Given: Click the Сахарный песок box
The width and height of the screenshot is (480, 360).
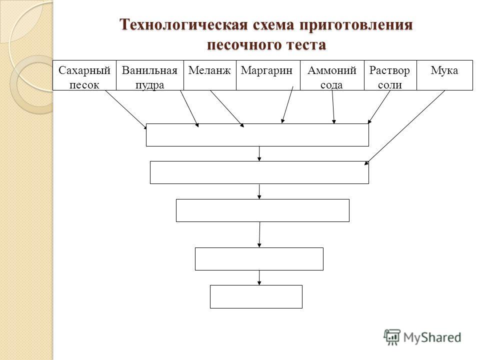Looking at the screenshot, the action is (84, 75).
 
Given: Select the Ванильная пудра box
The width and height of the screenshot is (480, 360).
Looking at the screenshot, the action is (150, 75).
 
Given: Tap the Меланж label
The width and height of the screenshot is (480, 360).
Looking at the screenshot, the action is (209, 70).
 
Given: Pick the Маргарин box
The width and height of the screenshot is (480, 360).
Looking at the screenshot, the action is (268, 75).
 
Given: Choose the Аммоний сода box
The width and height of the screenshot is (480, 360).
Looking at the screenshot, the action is (332, 75).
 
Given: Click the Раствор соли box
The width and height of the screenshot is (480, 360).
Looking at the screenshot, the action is (390, 75).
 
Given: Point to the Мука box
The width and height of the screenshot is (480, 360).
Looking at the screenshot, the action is (445, 75).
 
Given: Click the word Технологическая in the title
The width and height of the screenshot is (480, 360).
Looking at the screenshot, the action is (184, 24).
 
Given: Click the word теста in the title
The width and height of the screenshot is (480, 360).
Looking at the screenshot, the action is (306, 45).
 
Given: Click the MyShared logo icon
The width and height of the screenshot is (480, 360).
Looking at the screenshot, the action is (392, 337).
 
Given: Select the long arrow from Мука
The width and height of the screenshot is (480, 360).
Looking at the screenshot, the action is (404, 127).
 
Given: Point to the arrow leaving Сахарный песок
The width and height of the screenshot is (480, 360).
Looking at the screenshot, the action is (126, 109).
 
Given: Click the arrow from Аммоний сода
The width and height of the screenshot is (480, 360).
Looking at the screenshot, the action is (333, 107).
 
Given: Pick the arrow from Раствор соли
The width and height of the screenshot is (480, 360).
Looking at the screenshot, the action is (379, 107).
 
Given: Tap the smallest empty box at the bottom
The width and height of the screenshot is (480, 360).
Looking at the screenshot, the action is (256, 296).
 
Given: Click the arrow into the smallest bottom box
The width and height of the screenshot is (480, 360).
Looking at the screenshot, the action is (259, 277).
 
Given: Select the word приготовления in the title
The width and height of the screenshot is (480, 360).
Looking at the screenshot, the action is (356, 25).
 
